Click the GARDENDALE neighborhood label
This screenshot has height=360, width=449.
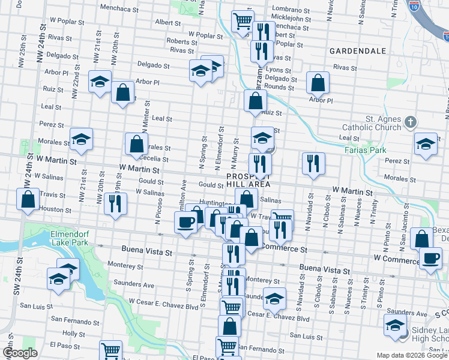click(x=357, y=51)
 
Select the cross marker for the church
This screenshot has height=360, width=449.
click(x=411, y=122)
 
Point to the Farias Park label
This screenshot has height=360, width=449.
click(x=366, y=149)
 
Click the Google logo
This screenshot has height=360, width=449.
click(x=20, y=353)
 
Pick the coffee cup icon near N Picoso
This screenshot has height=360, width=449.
click(x=185, y=222)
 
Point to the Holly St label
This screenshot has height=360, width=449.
click(x=74, y=333)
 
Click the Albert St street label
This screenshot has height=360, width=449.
click(x=167, y=23)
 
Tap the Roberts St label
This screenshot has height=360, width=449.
click(x=182, y=41)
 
